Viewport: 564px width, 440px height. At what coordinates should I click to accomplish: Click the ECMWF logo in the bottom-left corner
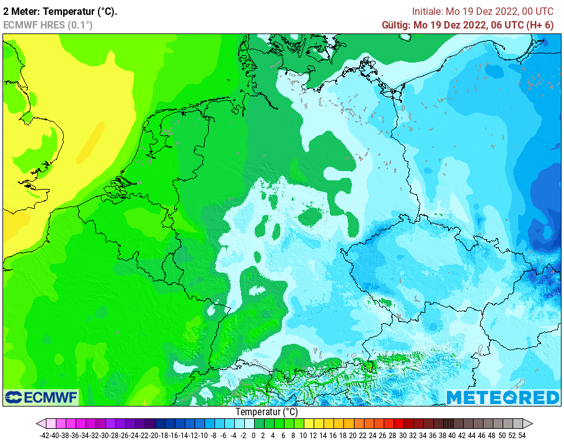pos(41,397)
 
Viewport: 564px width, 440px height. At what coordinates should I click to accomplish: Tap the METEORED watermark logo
pos(503,397)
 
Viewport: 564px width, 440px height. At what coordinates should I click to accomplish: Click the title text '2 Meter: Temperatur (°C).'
pos(60,11)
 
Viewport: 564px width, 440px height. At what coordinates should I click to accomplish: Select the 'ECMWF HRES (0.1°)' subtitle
pos(48,25)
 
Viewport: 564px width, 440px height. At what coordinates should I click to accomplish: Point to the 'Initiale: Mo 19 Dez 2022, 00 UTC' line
pos(483,11)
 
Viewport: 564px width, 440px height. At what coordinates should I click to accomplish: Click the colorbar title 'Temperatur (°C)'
pos(267,411)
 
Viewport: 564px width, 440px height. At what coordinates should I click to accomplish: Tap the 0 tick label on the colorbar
pos(253,435)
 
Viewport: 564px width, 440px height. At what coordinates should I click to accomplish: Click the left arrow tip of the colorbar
pos(39,424)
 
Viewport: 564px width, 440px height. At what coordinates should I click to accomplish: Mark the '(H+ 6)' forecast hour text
pos(539,25)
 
